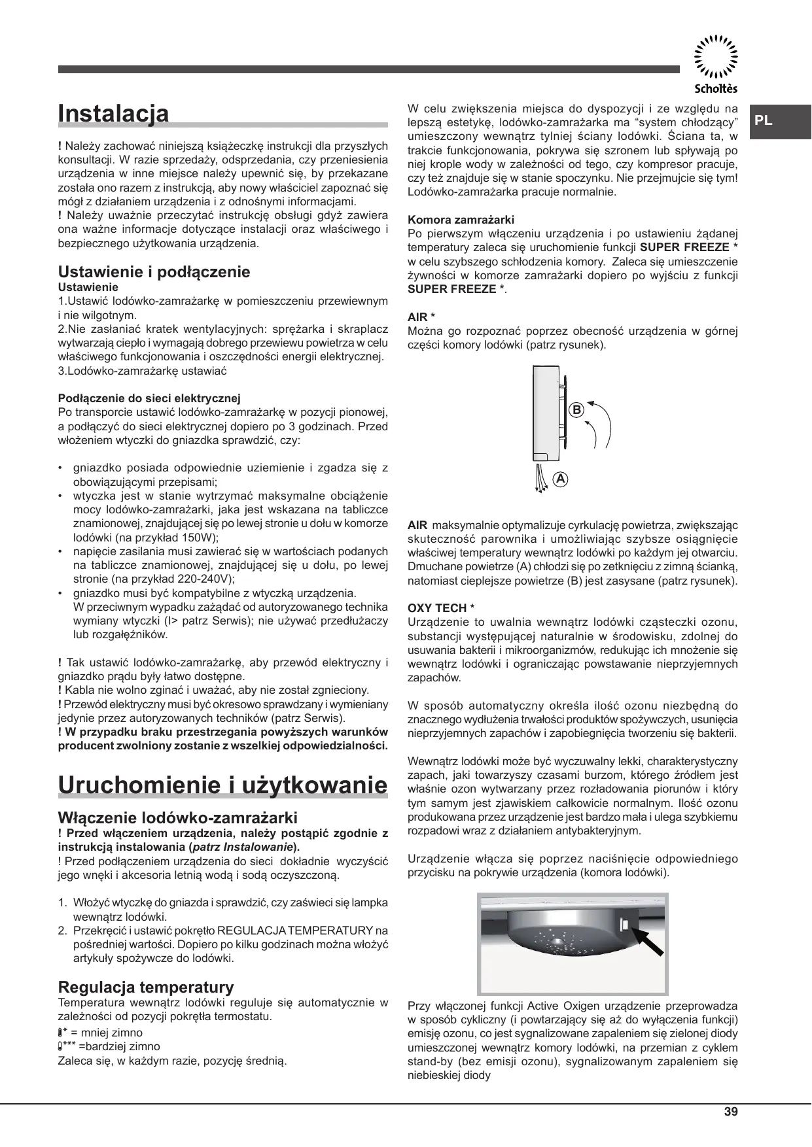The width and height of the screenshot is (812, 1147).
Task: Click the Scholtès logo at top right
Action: click(x=715, y=63)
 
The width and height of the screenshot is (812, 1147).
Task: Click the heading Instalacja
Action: click(x=114, y=113)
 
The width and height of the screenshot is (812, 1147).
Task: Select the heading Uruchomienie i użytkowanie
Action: click(x=222, y=785)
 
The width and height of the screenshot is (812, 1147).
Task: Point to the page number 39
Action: click(x=731, y=1112)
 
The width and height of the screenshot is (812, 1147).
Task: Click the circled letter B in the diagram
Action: click(x=576, y=410)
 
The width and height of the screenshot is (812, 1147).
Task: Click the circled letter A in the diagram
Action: click(x=560, y=478)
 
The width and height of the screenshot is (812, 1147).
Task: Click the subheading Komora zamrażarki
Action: click(x=461, y=220)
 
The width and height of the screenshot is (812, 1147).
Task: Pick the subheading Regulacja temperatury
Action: click(x=146, y=987)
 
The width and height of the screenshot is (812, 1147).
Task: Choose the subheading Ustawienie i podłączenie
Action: click(x=154, y=271)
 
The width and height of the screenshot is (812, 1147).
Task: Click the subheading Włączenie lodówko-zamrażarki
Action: click(x=178, y=817)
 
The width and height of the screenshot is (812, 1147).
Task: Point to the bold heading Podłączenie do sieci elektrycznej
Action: click(x=150, y=398)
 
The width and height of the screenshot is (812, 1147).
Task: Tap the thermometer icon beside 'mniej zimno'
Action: click(x=61, y=1033)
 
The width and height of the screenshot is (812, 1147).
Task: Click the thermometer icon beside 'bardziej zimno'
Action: click(x=61, y=1046)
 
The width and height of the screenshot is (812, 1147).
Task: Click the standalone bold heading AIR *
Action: click(x=421, y=317)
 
